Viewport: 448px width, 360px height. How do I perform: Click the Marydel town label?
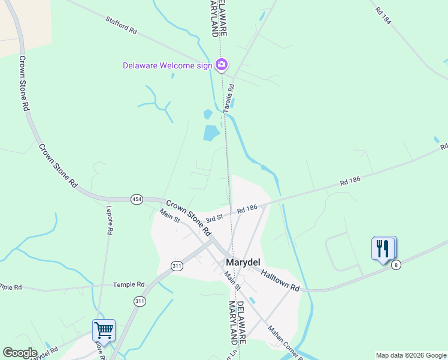[x=241, y=262]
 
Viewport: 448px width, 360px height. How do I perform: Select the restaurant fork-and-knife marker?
[x=383, y=248]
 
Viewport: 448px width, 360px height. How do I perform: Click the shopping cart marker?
[x=104, y=330]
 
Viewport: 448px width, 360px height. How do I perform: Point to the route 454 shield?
[x=137, y=199]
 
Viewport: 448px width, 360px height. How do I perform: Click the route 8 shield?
[x=395, y=265]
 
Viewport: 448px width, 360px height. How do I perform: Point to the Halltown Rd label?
[x=280, y=280]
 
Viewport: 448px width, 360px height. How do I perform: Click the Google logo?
[x=20, y=353]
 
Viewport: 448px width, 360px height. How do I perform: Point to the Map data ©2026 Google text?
[x=410, y=355]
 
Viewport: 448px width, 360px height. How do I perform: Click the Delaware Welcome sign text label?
[x=167, y=65]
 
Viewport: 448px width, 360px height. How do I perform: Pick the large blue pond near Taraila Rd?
[x=211, y=132]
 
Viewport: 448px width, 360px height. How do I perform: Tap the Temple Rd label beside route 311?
[x=132, y=284]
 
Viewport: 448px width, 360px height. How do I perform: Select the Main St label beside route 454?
[x=169, y=215]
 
